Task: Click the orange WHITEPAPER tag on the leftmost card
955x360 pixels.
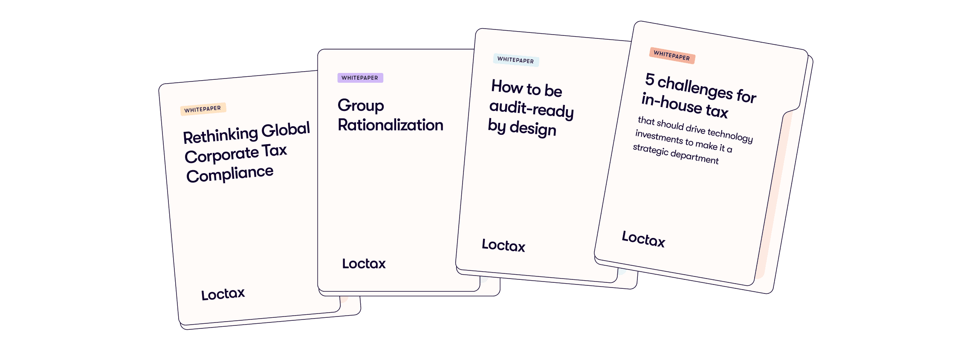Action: coord(203,109)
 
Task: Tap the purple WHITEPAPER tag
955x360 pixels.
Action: coord(360,78)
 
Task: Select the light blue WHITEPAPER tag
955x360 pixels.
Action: coord(515,60)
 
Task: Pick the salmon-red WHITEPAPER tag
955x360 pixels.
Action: coord(671,56)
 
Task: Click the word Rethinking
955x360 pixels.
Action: coord(220,136)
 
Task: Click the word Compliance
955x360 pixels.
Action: coord(230,174)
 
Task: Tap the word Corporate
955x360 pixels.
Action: coord(222,155)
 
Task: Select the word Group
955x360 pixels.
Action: coord(361,106)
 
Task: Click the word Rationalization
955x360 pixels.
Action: coord(391,125)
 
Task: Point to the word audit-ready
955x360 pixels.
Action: coord(532,109)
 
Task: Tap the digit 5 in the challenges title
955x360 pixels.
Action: coord(650,79)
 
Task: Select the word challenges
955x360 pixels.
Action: coord(695,87)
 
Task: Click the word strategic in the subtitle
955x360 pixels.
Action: coord(651,150)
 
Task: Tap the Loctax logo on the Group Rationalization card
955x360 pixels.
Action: coord(364,264)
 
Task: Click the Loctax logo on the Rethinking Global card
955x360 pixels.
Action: coord(223,294)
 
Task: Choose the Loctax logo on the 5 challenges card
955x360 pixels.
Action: coord(643,239)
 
